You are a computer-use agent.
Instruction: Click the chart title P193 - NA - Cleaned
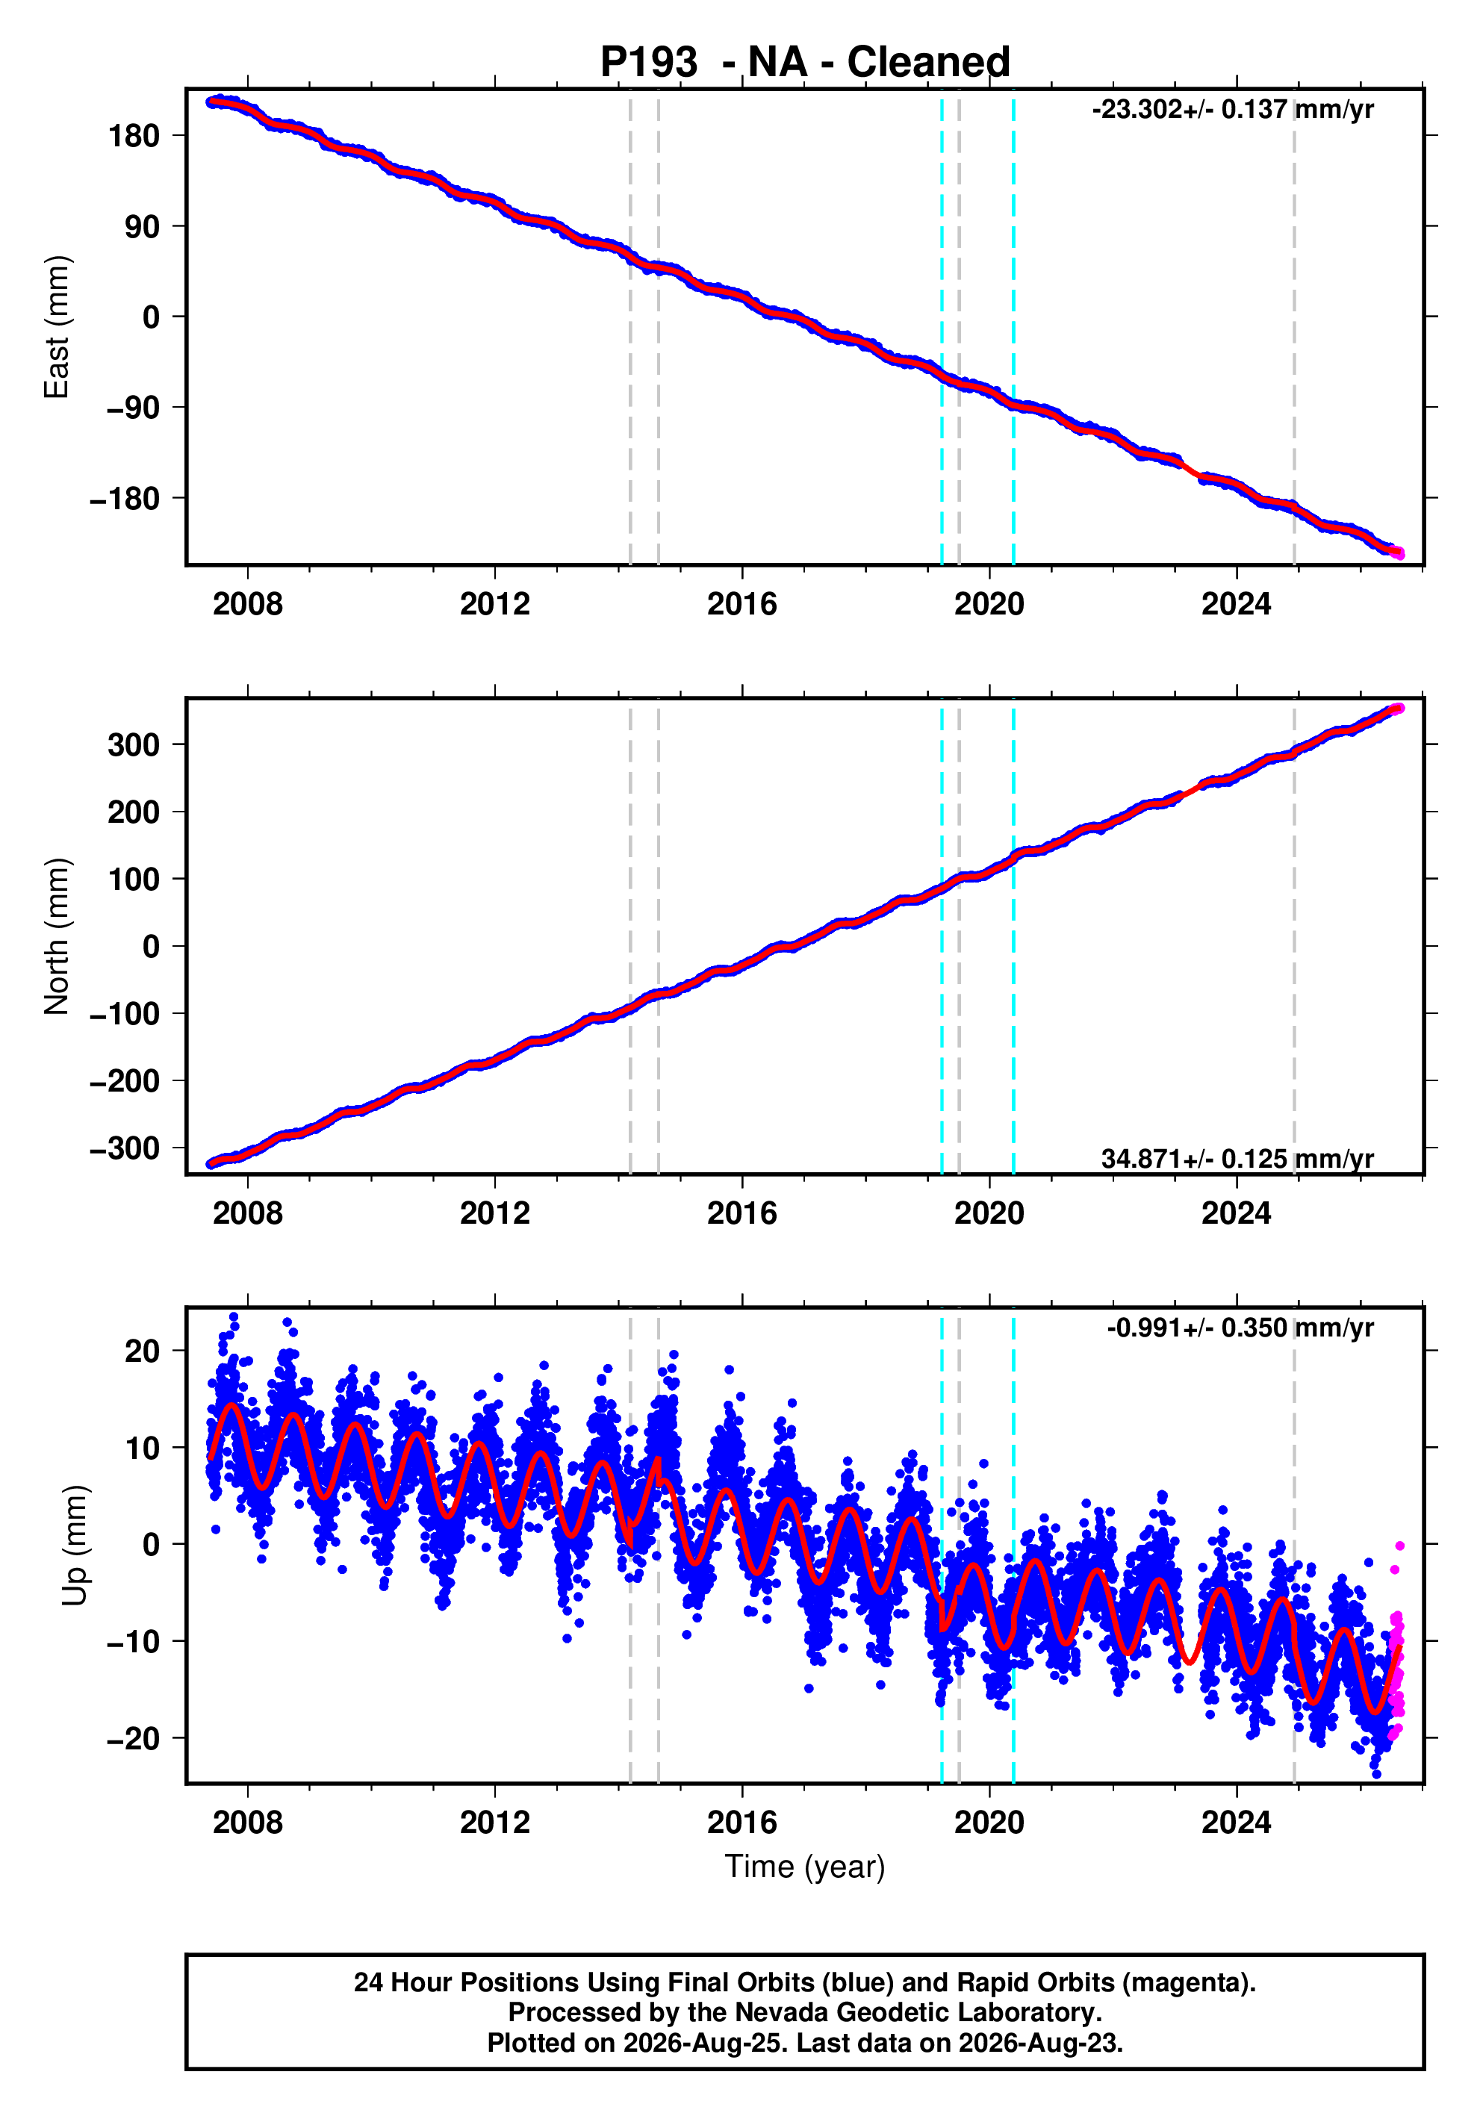tap(805, 63)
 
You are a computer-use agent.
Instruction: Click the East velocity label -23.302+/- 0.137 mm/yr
tap(1232, 110)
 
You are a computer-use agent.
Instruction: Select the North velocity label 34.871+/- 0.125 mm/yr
tap(1237, 1159)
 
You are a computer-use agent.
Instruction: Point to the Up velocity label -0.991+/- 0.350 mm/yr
tap(1240, 1328)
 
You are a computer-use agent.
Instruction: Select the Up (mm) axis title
tap(75, 1546)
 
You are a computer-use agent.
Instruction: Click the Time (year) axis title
tap(805, 1866)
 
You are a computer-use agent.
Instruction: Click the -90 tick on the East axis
tap(133, 408)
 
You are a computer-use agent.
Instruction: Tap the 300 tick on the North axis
tap(134, 744)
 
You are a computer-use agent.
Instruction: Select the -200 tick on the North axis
tap(125, 1081)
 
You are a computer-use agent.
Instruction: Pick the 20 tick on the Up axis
tap(143, 1351)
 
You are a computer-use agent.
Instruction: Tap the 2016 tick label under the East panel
tap(742, 605)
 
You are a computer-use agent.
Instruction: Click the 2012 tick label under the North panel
tap(495, 1214)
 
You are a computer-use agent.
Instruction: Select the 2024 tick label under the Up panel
tap(1236, 1823)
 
